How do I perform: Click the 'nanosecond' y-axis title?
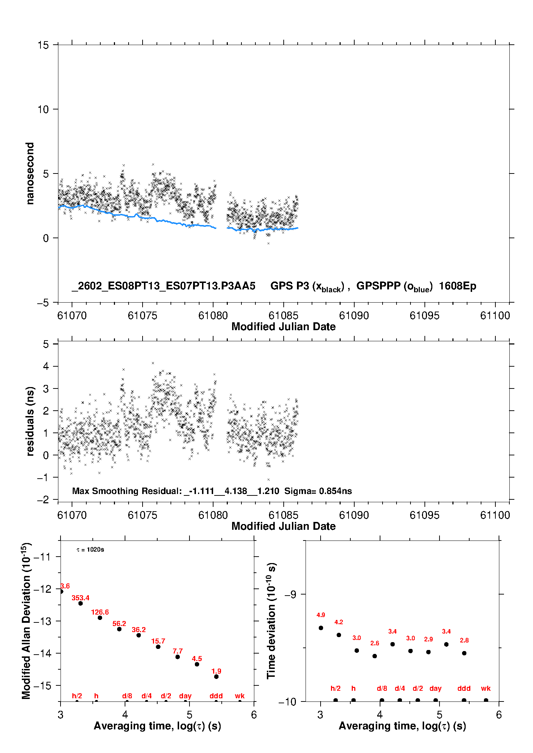[x=30, y=173]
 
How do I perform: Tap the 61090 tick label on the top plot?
[x=354, y=316]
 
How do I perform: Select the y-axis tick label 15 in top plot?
[x=43, y=45]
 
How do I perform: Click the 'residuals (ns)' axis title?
[x=30, y=421]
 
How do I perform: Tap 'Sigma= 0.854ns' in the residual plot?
[x=318, y=491]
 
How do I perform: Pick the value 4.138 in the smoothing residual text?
[x=236, y=491]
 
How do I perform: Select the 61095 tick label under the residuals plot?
[x=424, y=515]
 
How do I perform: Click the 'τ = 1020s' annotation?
[x=90, y=549]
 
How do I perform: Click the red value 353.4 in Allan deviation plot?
[x=81, y=598]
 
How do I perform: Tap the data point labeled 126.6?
[x=100, y=618]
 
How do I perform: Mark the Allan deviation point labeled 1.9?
[x=216, y=676]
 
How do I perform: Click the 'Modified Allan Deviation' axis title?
[x=26, y=621]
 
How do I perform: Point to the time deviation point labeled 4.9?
[x=321, y=628]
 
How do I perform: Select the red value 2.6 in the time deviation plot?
[x=375, y=643]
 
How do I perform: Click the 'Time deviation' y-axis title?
[x=271, y=621]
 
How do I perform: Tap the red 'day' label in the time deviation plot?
[x=436, y=688]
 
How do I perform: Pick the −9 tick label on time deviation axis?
[x=290, y=594]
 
